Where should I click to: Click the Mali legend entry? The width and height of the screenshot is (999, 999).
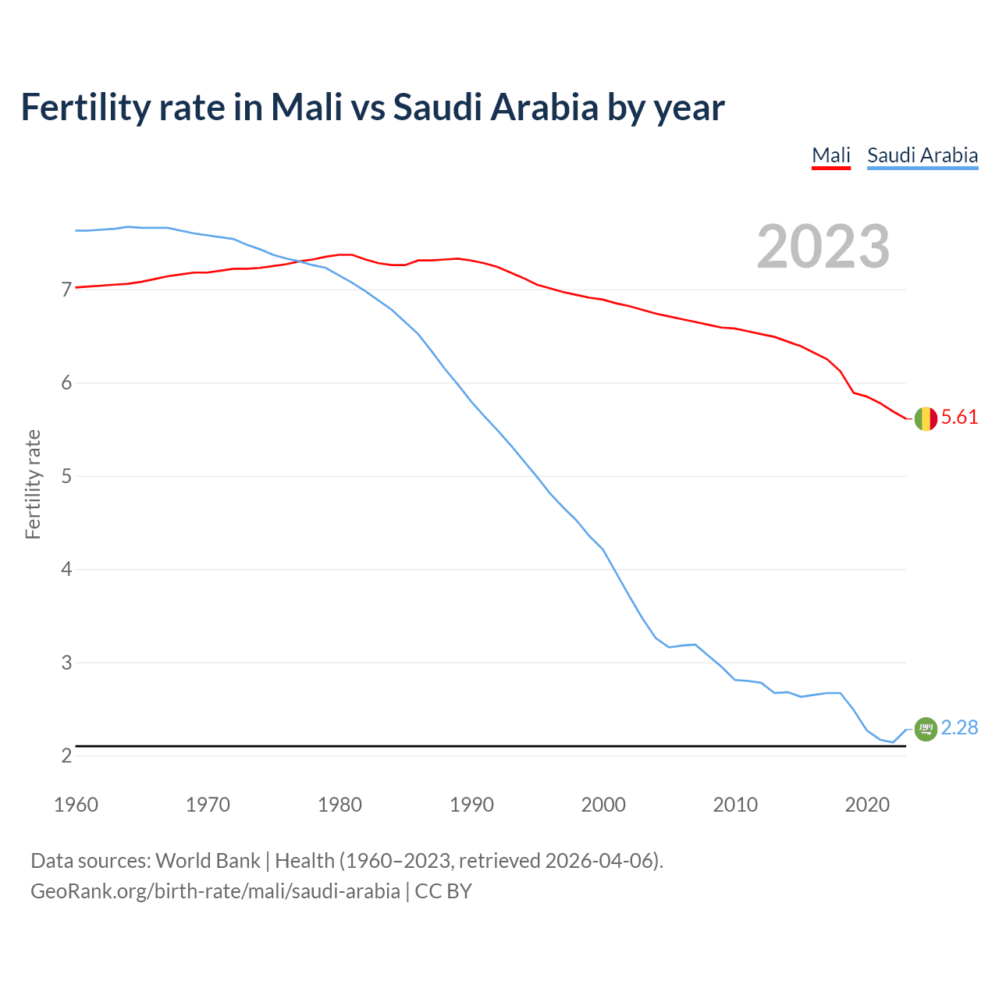coord(830,155)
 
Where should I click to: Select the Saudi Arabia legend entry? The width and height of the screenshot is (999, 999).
coord(923,155)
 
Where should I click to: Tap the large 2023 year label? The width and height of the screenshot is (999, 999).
coord(823,247)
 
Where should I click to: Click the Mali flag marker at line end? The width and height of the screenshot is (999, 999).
coord(925,418)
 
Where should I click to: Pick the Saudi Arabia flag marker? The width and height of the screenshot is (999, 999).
coord(925,729)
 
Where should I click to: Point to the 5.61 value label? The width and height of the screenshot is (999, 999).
coord(959,418)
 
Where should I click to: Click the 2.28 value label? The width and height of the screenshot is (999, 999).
coord(959,727)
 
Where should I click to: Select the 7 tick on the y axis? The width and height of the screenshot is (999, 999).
coord(66,290)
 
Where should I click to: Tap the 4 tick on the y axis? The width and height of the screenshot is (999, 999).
coord(66,570)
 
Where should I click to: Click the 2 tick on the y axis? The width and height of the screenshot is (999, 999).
coord(66,755)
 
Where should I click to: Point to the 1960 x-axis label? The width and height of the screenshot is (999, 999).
coord(76,805)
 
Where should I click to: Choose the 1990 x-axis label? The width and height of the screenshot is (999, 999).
coord(471,805)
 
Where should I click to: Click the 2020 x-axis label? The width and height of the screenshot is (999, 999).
coord(867,805)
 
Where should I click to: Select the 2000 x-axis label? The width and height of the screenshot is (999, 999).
coord(603,805)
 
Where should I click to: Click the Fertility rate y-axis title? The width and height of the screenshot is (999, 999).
coord(33,484)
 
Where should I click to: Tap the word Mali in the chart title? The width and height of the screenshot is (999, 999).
coord(306,108)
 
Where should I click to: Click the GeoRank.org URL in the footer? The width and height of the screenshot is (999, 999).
coord(215,891)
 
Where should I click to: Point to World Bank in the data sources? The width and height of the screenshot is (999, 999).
coord(208,861)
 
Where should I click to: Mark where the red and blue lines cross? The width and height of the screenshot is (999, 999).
coord(300,261)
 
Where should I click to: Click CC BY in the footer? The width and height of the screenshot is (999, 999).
coord(443,891)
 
